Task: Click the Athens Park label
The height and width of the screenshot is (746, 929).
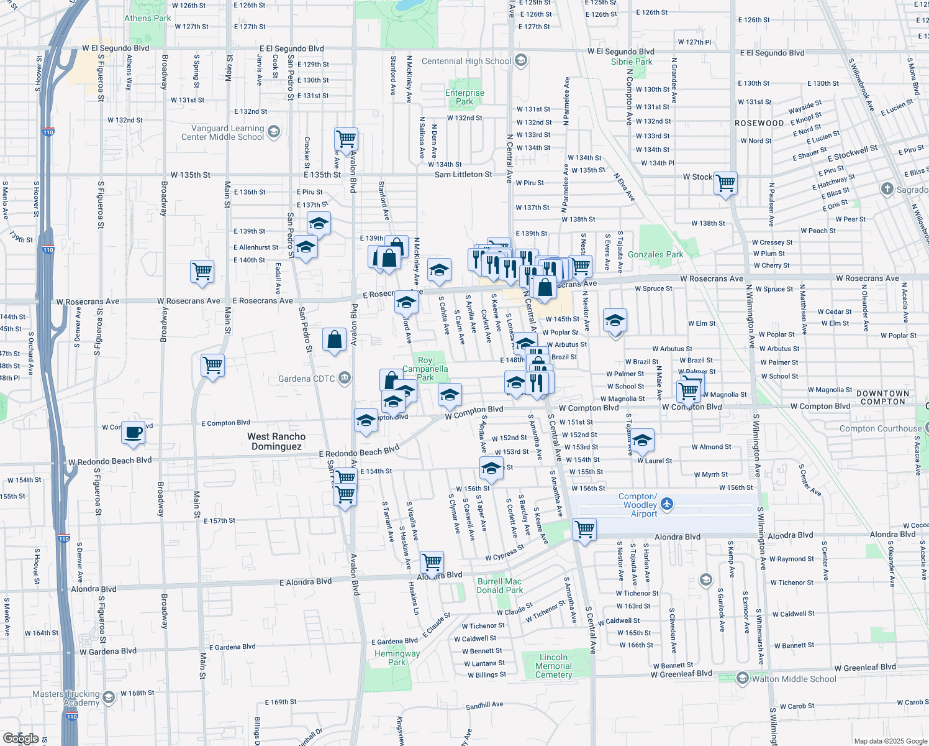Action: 147,18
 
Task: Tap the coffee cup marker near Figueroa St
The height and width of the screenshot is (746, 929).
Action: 133,432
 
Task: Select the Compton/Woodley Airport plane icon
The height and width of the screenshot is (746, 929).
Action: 667,504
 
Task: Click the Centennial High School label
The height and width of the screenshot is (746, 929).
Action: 466,61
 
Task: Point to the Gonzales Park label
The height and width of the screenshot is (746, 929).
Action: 655,254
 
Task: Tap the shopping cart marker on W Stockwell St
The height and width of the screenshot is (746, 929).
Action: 725,183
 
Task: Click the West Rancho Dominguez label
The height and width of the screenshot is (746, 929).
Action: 276,441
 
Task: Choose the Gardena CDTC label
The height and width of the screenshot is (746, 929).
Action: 306,379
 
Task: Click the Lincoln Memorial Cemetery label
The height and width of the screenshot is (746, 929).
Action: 553,666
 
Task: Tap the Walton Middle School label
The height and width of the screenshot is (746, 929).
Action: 794,679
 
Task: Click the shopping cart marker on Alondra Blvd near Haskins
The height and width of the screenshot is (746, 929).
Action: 432,563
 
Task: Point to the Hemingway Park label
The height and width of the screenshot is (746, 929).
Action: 397,658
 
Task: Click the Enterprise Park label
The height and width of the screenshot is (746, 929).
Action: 464,97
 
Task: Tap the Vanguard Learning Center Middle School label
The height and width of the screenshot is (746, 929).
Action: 222,132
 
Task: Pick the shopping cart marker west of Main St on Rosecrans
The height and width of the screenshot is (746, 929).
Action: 202,272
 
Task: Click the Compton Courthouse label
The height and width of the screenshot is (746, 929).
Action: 881,428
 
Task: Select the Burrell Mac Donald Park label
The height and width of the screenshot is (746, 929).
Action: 499,586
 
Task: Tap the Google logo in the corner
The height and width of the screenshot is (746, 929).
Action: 20,739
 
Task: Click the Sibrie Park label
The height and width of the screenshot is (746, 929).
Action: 632,62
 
